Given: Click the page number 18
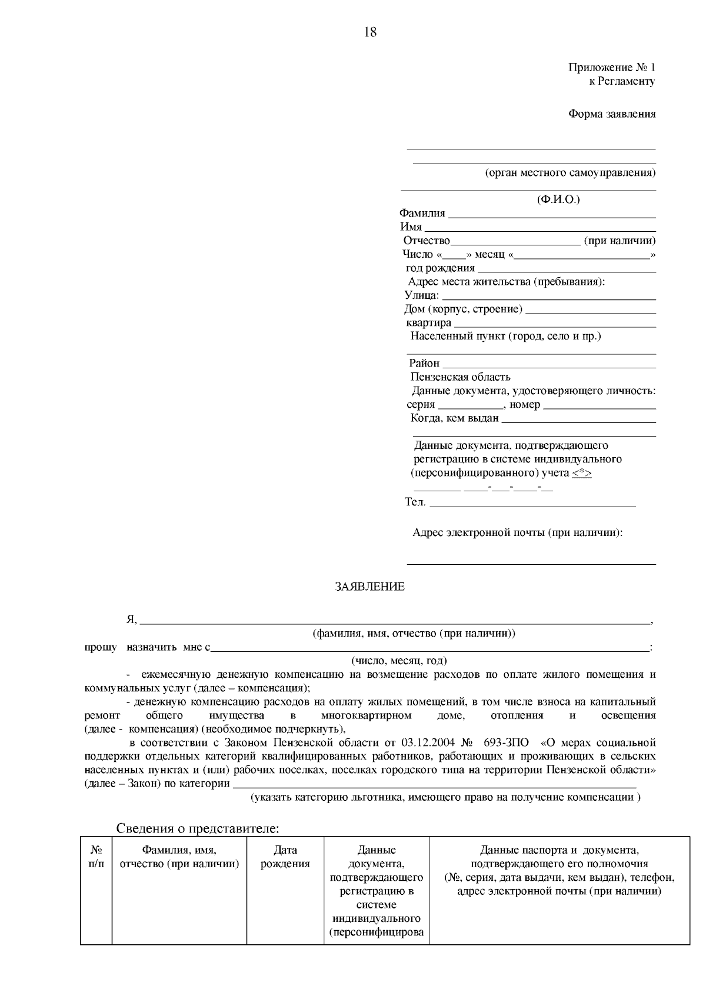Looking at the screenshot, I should tap(370, 32).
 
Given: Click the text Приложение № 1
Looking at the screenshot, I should tap(611, 68).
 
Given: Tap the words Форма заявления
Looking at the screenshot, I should tap(611, 114).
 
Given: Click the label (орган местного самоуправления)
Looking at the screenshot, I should tap(570, 173).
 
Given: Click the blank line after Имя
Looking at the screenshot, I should tap(540, 229).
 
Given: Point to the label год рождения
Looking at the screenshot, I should tap(440, 268).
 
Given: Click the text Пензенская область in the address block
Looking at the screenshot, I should tap(460, 377).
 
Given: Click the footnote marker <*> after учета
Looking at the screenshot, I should tap(581, 474).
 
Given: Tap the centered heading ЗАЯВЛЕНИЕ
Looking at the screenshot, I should tap(369, 587).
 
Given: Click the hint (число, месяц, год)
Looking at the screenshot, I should tap(399, 661).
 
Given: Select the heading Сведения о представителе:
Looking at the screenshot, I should tap(197, 828).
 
